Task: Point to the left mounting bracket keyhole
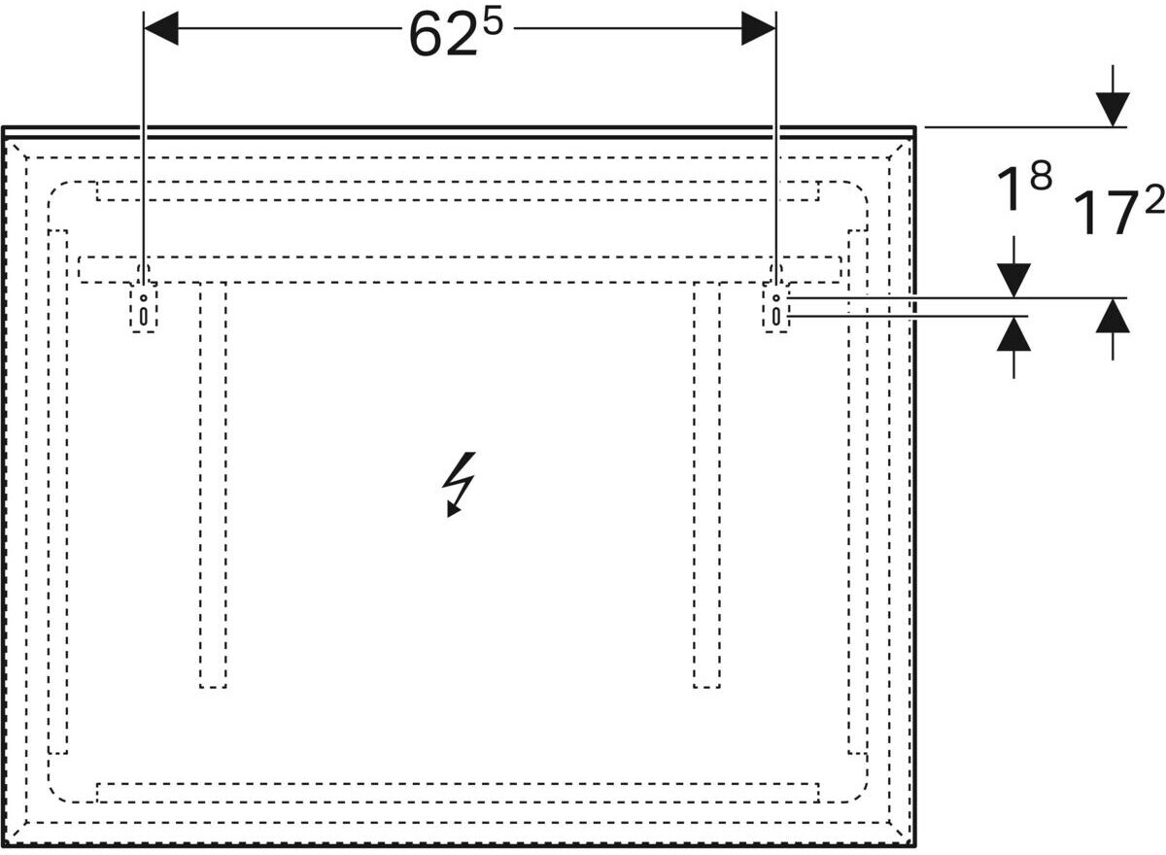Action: point(144,309)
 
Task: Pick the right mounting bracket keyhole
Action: point(775,309)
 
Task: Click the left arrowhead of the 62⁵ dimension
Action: point(161,29)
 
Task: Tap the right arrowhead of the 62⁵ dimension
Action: point(758,29)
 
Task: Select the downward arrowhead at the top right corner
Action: point(1113,109)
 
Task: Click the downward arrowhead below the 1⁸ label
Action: point(1013,281)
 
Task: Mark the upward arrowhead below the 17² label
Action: point(1113,316)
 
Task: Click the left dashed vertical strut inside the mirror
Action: point(213,486)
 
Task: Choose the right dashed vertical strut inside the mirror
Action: point(706,486)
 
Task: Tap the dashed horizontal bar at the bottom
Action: point(457,792)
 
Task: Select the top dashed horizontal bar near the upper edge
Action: point(457,190)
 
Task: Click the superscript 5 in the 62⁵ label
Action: point(493,21)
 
